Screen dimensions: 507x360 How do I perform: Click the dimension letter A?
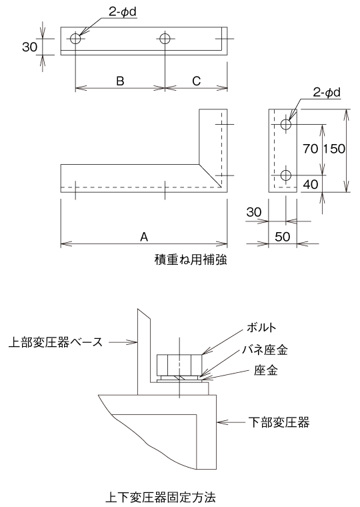point(143,235)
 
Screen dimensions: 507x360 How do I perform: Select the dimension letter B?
point(120,81)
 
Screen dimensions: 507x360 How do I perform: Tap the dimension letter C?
point(197,81)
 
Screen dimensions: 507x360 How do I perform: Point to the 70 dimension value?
point(310,149)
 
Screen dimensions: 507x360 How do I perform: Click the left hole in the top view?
point(75,39)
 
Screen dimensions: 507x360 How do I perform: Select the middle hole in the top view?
point(165,39)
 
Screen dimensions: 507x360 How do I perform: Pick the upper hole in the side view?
point(286,124)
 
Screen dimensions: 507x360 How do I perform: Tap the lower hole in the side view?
point(286,175)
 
